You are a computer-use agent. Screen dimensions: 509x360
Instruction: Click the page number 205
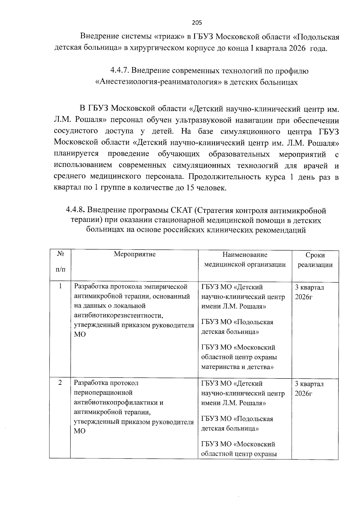coord(197,23)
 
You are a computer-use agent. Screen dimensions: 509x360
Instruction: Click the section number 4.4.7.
coord(120,71)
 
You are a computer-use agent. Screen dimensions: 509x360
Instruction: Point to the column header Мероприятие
coord(135,254)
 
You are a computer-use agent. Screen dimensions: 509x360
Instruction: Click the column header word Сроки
coord(315,255)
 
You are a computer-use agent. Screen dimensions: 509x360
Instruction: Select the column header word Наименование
coord(245,255)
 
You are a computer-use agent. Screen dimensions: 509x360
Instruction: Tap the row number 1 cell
coord(60,286)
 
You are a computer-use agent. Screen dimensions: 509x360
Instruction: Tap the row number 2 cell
coord(60,383)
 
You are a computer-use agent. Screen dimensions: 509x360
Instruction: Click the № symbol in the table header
coord(60,254)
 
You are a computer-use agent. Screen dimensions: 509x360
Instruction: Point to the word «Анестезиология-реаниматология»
coord(158,82)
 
